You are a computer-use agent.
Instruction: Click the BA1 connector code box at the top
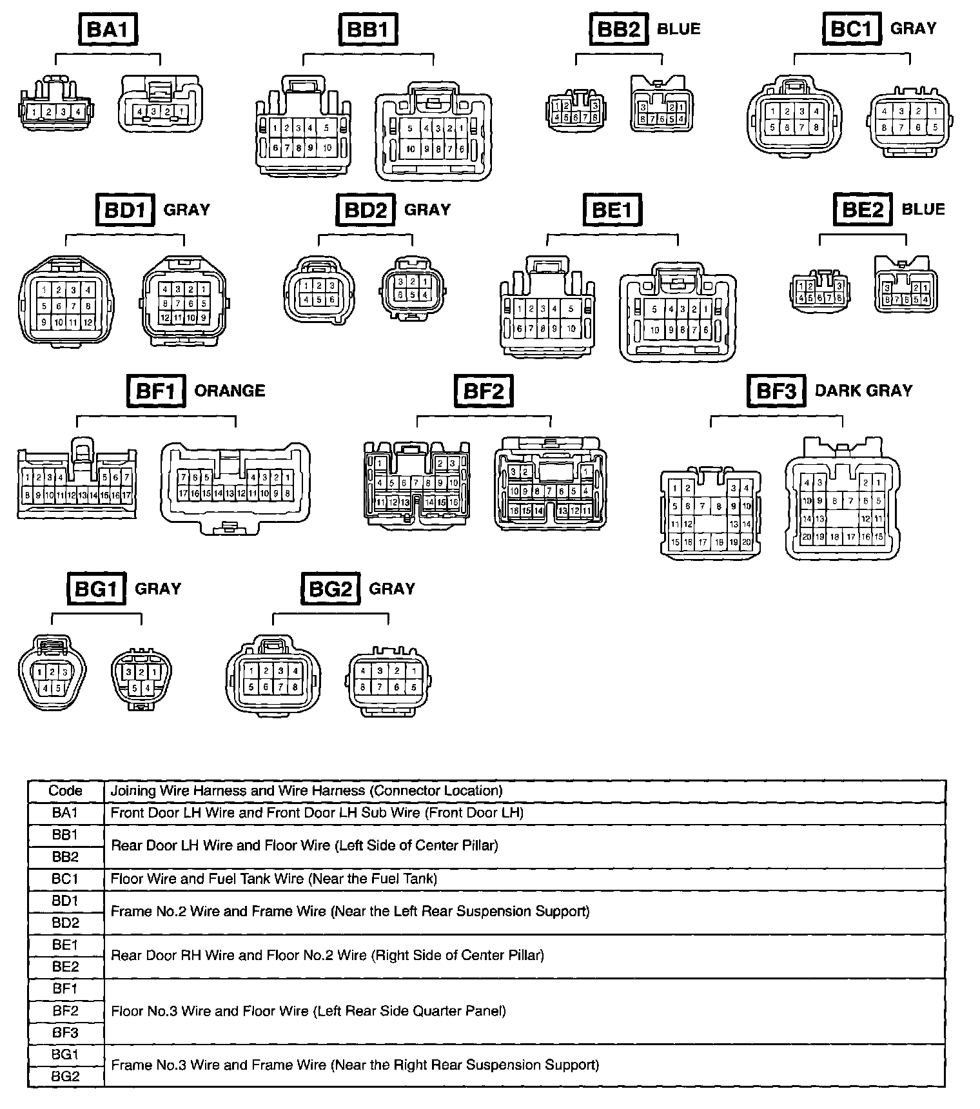(x=108, y=29)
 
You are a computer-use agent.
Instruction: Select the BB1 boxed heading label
(x=367, y=29)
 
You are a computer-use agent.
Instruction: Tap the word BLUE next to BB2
(x=678, y=28)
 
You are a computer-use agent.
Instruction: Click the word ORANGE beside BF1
(x=230, y=391)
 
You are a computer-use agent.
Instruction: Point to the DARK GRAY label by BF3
(x=863, y=390)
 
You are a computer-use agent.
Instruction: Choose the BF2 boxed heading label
(x=484, y=391)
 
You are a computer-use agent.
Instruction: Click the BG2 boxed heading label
(x=330, y=589)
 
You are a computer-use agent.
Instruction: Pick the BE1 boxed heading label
(x=612, y=210)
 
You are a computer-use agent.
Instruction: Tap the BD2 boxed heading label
(x=365, y=210)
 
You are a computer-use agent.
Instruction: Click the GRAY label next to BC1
(x=913, y=28)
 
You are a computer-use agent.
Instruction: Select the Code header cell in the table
(x=65, y=791)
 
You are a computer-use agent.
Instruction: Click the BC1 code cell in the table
(x=65, y=879)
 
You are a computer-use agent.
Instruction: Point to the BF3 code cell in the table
(x=65, y=1032)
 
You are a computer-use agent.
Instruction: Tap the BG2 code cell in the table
(x=65, y=1076)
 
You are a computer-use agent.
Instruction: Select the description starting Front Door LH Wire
(x=317, y=813)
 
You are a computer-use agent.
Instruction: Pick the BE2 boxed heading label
(x=863, y=210)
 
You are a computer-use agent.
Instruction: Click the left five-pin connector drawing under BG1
(x=52, y=674)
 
